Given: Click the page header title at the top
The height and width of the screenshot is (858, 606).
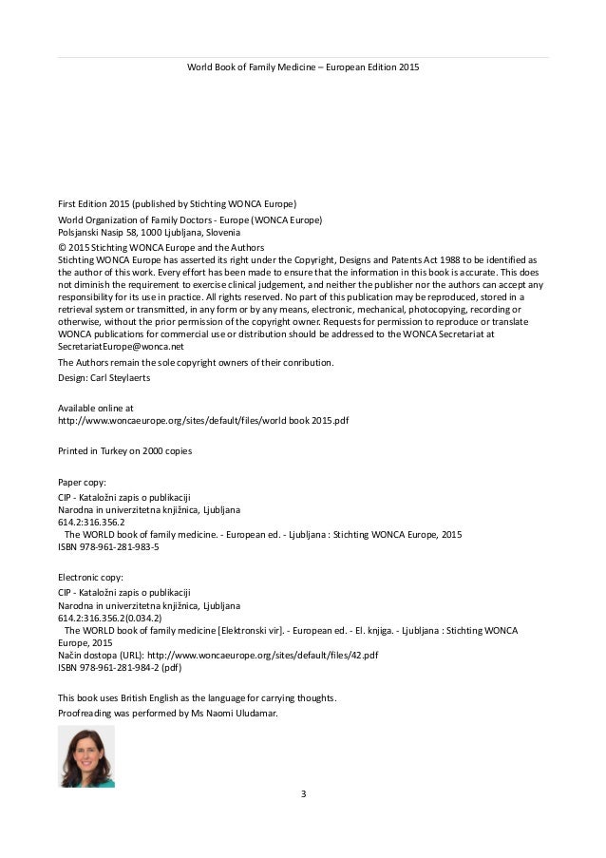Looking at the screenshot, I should (x=303, y=67).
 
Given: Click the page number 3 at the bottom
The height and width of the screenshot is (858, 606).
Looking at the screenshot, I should (x=303, y=793).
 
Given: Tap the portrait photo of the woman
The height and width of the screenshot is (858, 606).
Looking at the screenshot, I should (x=85, y=756).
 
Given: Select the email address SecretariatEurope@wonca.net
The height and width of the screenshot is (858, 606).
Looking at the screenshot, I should (x=121, y=347).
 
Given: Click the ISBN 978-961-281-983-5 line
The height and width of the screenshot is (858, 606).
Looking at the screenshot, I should (x=108, y=547).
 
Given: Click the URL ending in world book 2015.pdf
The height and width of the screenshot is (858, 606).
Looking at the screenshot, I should (x=203, y=420).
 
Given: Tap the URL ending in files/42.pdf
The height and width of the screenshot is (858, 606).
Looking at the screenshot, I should (x=263, y=655).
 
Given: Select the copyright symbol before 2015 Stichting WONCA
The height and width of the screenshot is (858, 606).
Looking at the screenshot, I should (x=63, y=244).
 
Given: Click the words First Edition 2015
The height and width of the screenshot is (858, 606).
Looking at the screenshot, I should (x=93, y=203).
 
